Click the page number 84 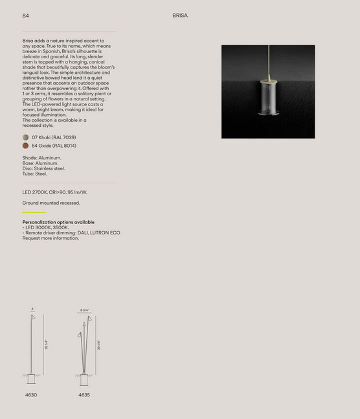click(25, 15)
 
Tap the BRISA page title click(180, 15)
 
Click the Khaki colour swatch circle click(25, 137)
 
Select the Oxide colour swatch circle click(25, 146)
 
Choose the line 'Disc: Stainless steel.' click(43, 168)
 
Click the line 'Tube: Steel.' click(34, 174)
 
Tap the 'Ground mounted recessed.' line click(51, 203)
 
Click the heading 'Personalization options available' click(58, 222)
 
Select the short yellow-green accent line click(34, 212)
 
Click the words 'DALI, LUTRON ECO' click(99, 232)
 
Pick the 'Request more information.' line click(51, 238)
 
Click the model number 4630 click(31, 394)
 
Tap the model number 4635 click(84, 394)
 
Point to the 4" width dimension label click(33, 309)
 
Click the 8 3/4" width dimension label click(84, 310)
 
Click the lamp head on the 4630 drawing click(34, 319)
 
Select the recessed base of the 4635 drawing click(84, 379)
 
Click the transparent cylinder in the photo click(267, 97)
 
